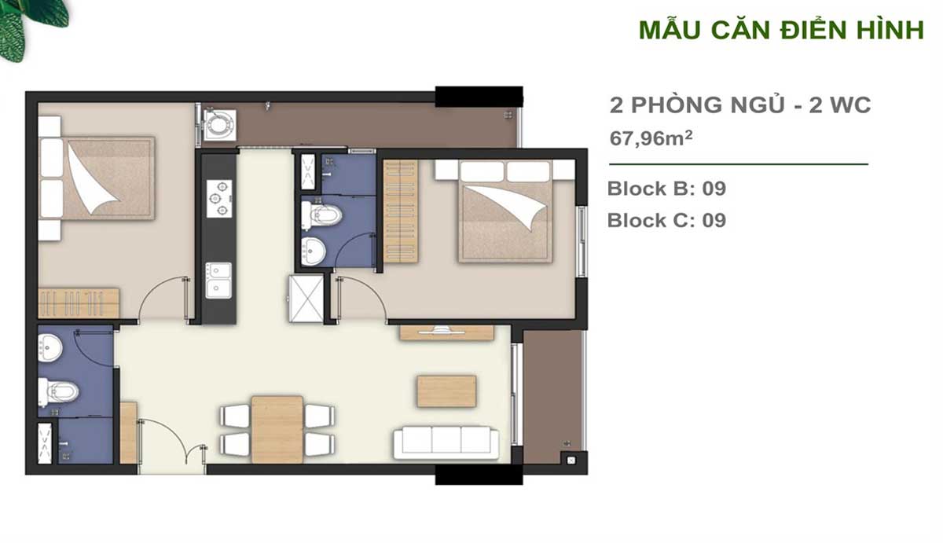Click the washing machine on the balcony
220,125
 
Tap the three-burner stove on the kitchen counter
219,199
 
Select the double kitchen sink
218,281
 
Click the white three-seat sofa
446,443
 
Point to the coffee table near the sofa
446,391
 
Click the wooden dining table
277,429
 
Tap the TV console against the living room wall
446,332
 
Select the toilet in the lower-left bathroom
58,392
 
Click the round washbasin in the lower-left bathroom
50,347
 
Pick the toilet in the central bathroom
321,215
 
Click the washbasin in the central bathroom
314,251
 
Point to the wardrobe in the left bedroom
79,303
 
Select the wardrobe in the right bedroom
400,211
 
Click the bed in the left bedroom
97,178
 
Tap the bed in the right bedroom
505,211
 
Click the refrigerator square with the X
306,299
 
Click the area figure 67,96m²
651,138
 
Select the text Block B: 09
666,189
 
